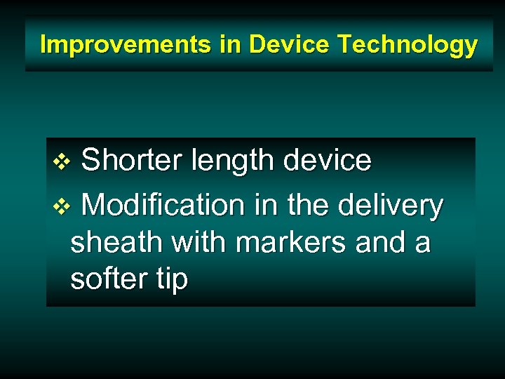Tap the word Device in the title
click(x=290, y=45)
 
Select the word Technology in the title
click(x=408, y=45)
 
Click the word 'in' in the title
click(x=231, y=45)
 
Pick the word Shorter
click(x=131, y=161)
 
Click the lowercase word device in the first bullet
click(x=328, y=161)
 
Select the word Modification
click(x=163, y=206)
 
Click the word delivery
click(x=390, y=206)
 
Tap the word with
click(x=199, y=243)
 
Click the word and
click(x=381, y=243)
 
